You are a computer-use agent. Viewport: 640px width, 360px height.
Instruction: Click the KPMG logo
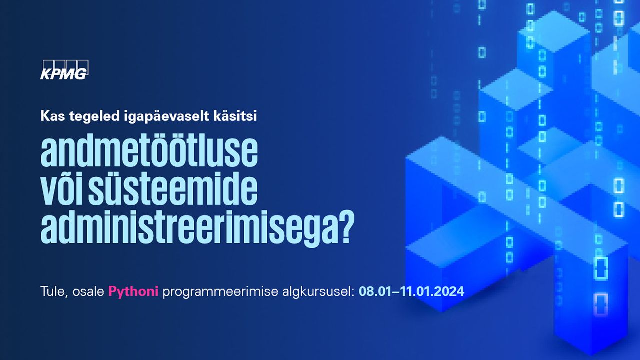pyautogui.click(x=64, y=70)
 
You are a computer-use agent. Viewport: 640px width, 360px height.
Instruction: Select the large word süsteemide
pyautogui.click(x=173, y=187)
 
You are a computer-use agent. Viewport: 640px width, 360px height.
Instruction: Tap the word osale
pyautogui.click(x=88, y=291)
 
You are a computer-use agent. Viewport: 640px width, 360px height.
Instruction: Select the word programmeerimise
pyautogui.click(x=220, y=292)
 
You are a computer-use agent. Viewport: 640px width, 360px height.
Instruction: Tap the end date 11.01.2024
pyautogui.click(x=432, y=291)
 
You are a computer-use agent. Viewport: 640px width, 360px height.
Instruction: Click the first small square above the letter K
pyautogui.click(x=48, y=65)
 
